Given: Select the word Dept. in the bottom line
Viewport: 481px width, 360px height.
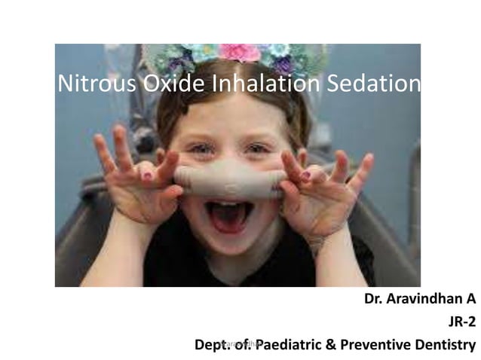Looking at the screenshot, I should [x=213, y=346].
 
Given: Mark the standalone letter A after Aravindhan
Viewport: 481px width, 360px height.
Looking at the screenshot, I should [x=471, y=300].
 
